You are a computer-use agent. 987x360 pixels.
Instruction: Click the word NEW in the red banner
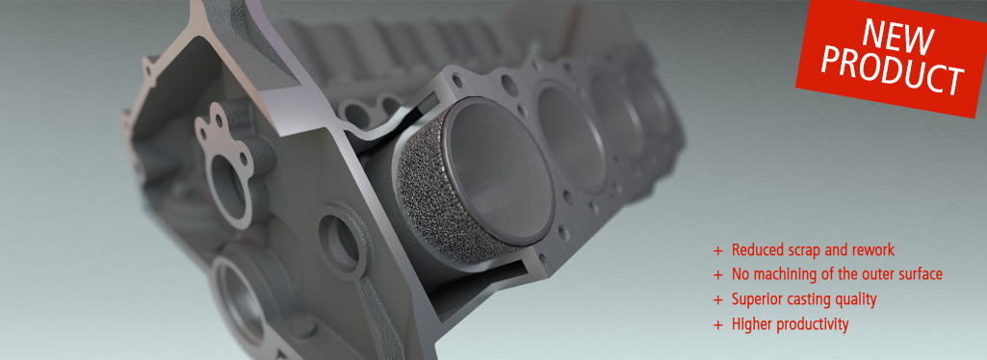[x=897, y=36]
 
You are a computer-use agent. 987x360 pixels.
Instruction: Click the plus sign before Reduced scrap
[x=717, y=250]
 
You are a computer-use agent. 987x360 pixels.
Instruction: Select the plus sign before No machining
[x=717, y=275]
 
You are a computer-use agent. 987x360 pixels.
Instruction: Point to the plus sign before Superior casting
[x=717, y=299]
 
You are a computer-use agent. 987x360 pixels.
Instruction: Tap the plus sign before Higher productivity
[x=717, y=324]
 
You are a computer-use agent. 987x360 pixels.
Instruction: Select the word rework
[x=871, y=250]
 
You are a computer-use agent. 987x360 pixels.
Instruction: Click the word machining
[x=781, y=275]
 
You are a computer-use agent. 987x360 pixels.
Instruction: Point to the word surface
[x=919, y=275]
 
